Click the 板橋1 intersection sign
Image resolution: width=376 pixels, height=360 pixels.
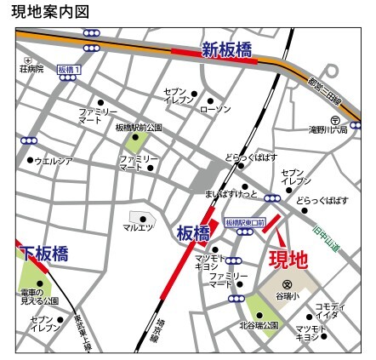(x=69, y=69)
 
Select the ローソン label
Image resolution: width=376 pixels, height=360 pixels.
(x=214, y=110)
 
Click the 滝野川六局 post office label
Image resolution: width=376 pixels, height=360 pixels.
(x=328, y=130)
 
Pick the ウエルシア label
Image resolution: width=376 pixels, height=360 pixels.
(x=53, y=159)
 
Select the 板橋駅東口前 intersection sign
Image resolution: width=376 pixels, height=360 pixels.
(x=245, y=222)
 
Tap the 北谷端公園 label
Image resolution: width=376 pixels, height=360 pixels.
(x=259, y=324)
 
